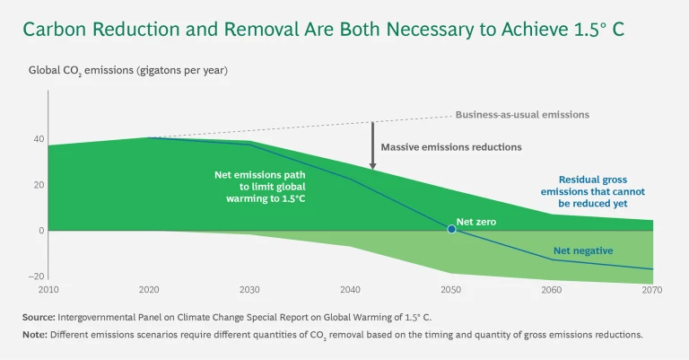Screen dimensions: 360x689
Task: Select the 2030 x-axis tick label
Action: [249, 291]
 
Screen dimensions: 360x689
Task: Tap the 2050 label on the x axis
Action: [451, 291]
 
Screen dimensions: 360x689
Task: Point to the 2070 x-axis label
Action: [653, 291]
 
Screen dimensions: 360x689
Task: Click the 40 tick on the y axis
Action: [38, 139]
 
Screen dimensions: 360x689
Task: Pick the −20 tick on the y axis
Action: [36, 277]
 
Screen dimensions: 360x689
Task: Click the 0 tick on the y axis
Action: [40, 231]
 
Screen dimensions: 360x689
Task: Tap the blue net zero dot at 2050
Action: [451, 230]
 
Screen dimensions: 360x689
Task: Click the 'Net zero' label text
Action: [475, 220]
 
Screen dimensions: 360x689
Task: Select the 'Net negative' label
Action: [583, 250]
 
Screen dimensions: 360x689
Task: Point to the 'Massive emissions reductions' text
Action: [450, 146]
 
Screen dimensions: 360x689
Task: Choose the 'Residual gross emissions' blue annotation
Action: [601, 191]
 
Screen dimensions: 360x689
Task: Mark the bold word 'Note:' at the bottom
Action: [34, 335]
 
